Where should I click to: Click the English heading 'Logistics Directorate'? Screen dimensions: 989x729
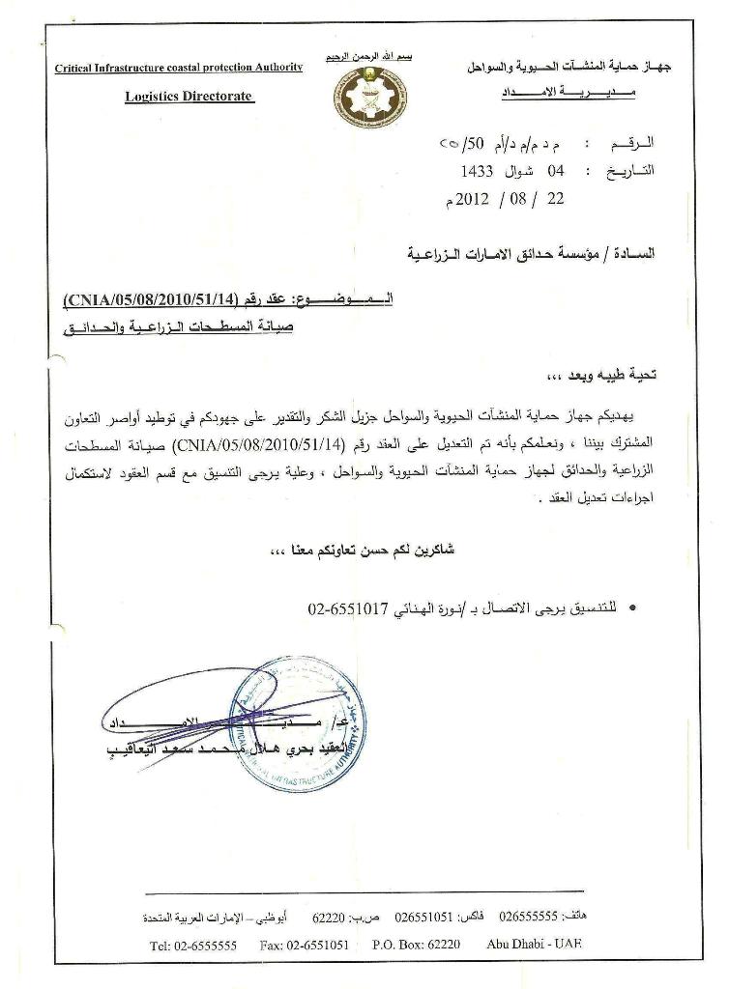189,97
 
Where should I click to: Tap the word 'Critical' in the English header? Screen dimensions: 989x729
80,68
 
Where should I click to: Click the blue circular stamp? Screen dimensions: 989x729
298,723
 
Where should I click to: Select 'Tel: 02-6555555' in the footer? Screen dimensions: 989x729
193,946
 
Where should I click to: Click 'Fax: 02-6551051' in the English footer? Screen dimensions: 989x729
304,946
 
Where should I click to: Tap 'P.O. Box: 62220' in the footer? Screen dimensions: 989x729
416,946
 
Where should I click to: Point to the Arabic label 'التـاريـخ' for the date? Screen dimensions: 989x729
629,171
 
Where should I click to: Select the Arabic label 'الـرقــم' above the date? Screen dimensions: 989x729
632,144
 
